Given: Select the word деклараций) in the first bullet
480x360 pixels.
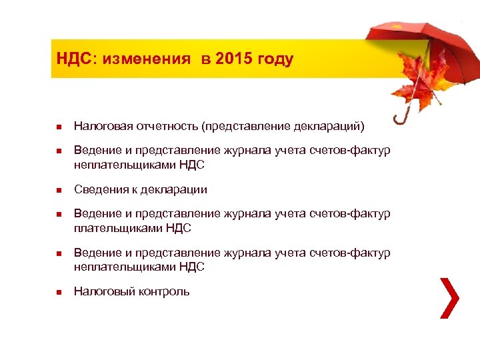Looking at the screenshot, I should click(331, 126).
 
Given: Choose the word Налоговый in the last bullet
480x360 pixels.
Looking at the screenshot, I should click(100, 291).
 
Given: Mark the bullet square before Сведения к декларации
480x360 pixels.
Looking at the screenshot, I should click(58, 190).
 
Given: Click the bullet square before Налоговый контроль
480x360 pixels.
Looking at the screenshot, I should click(58, 292).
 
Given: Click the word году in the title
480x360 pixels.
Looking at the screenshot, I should click(275, 59).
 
